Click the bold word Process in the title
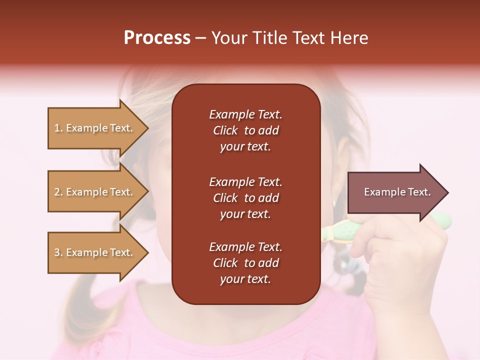[157, 38]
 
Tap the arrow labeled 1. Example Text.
[95, 128]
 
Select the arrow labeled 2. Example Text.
[95, 192]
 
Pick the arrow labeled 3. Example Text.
[95, 252]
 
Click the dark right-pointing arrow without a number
[395, 192]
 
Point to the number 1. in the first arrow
[58, 128]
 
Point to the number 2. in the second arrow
[58, 192]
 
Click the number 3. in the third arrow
[58, 252]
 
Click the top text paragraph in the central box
[245, 130]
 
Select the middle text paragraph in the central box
[245, 198]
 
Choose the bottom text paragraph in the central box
[245, 263]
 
